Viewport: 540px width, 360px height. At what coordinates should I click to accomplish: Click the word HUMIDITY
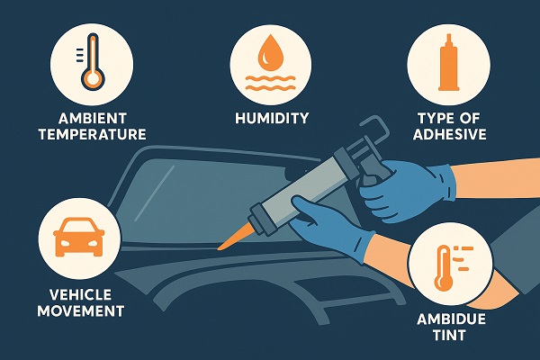[270, 118]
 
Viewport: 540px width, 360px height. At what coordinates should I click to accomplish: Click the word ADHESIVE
[447, 135]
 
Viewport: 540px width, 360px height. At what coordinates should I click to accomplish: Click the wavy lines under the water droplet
[270, 86]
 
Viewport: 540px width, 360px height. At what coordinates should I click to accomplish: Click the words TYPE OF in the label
[447, 118]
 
